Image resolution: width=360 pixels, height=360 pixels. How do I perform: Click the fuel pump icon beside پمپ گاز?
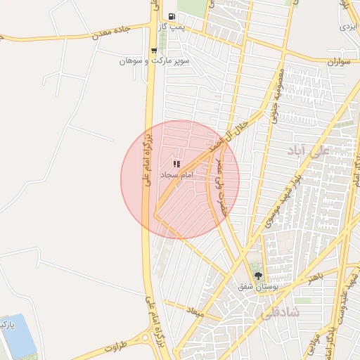pos(170,16)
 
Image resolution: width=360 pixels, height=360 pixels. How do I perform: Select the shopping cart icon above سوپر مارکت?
pos(153,50)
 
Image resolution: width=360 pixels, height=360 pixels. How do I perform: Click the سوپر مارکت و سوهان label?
pos(145,61)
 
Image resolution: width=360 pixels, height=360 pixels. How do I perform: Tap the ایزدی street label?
pos(348,26)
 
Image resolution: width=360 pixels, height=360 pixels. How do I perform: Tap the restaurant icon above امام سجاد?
pos(175,164)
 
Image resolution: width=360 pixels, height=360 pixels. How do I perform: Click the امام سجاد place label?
pos(176,174)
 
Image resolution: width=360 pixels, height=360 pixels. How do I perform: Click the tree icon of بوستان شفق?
pos(258,275)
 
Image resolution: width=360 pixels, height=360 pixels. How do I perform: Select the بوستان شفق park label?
pos(255,286)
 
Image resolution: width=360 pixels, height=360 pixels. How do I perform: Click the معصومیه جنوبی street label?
pos(275,101)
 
